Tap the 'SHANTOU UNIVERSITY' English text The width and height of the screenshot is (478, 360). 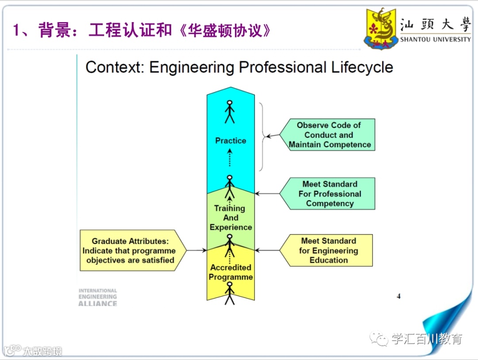coord(436,39)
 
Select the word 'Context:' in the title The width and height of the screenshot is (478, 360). coord(115,67)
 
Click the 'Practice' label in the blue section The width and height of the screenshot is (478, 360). coord(231,141)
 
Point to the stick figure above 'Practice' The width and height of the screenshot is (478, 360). coord(230,112)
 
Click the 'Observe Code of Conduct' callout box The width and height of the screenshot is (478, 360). coord(330,135)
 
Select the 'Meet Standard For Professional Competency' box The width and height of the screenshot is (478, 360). coord(330,194)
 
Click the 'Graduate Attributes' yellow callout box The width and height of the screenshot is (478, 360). coord(131,251)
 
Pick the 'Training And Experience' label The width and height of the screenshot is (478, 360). coord(231,218)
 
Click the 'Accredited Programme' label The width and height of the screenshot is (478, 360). coord(231,272)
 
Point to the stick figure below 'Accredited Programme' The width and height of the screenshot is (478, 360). coord(229,293)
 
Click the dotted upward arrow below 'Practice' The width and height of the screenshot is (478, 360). coord(230,157)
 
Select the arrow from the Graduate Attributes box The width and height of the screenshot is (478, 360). coord(197,251)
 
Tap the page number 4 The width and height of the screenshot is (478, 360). coord(398,296)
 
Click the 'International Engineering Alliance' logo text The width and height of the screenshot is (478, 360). coord(98,297)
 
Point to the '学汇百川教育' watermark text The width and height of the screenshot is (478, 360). coord(427,340)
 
